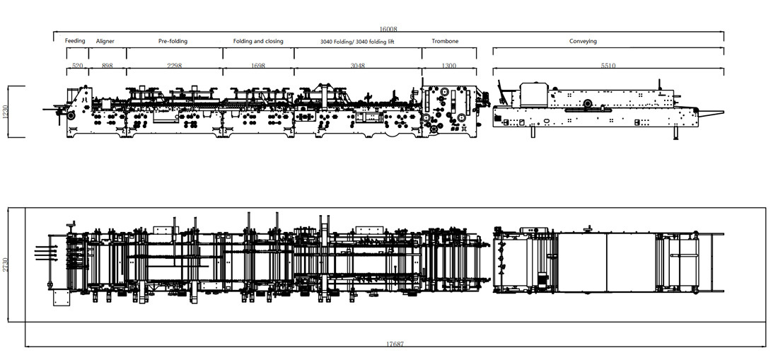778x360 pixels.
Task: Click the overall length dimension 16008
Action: tap(388, 29)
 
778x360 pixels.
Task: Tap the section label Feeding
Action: tap(75, 40)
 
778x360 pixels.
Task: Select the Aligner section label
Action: tap(105, 41)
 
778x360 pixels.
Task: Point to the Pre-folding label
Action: tap(173, 41)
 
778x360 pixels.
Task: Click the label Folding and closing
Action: tap(258, 41)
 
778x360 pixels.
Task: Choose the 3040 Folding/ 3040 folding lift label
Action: tap(358, 42)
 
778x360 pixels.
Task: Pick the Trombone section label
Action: tap(445, 41)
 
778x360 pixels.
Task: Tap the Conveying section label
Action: tap(583, 41)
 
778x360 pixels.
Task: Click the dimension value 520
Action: tap(77, 66)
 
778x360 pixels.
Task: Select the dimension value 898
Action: tap(108, 66)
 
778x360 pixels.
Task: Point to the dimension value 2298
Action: tap(174, 66)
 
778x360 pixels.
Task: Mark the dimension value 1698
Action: tap(258, 66)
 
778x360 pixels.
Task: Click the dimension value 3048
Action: tap(358, 66)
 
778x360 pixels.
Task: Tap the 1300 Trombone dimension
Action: tap(448, 66)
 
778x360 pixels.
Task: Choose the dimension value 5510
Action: tap(608, 66)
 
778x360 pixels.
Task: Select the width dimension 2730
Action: tap(6, 265)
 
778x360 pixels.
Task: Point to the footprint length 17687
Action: tap(395, 344)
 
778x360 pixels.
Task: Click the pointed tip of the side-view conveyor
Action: tap(724, 112)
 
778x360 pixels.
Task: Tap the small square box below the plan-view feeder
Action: tap(61, 298)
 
